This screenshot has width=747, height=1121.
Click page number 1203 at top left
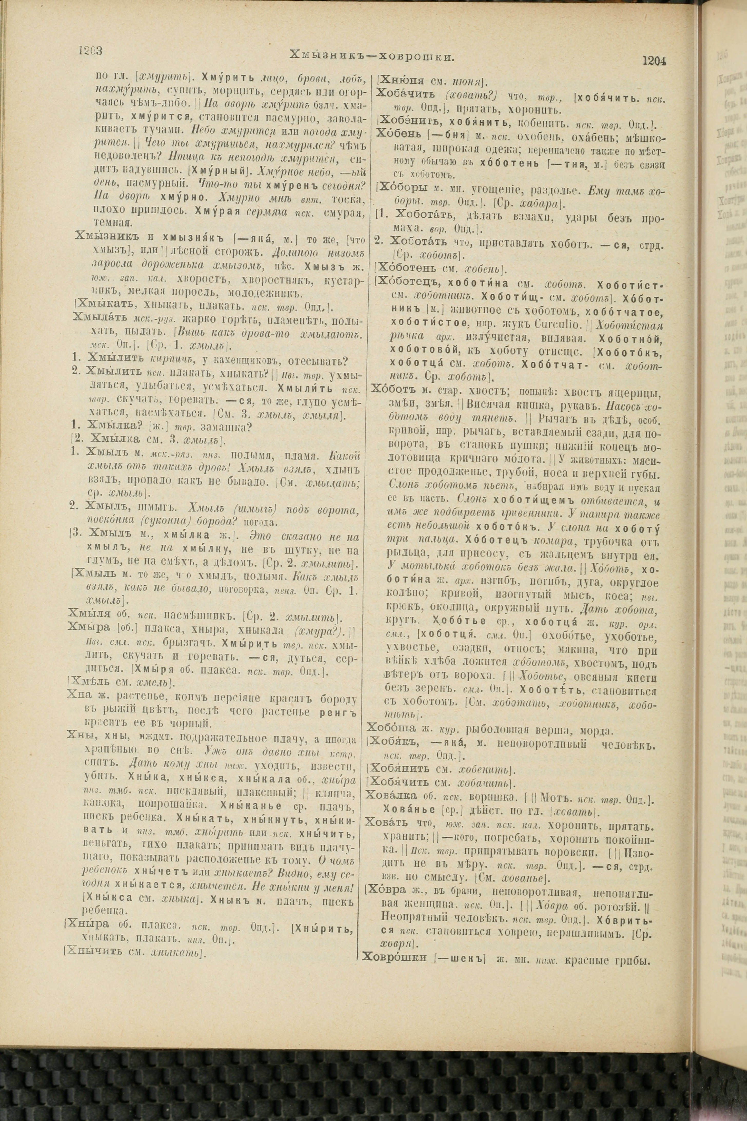point(92,51)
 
